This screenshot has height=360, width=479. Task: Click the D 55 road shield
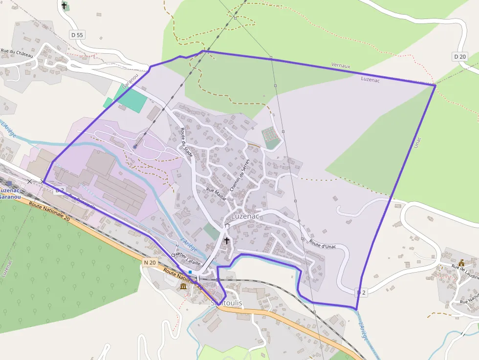pyautogui.click(x=77, y=35)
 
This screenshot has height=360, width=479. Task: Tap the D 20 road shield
pyautogui.click(x=459, y=57)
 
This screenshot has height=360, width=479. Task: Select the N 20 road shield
pyautogui.click(x=150, y=262)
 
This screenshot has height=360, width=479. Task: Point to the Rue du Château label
pyautogui.click(x=17, y=53)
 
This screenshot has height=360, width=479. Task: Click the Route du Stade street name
pyautogui.click(x=186, y=142)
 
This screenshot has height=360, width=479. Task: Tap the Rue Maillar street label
pyautogui.click(x=217, y=193)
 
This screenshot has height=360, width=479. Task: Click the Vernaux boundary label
pyautogui.click(x=341, y=65)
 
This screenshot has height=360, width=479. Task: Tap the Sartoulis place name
pyautogui.click(x=226, y=303)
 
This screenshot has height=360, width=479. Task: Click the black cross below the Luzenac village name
pyautogui.click(x=227, y=241)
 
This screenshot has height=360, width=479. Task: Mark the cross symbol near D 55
pyautogui.click(x=64, y=5)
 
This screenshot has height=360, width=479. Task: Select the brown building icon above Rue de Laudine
pyautogui.click(x=461, y=263)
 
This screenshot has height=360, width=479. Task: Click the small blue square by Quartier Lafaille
pyautogui.click(x=190, y=272)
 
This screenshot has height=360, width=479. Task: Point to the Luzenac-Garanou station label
pyautogui.click(x=10, y=193)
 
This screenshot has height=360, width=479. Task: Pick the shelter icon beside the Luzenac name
pyautogui.click(x=227, y=226)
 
